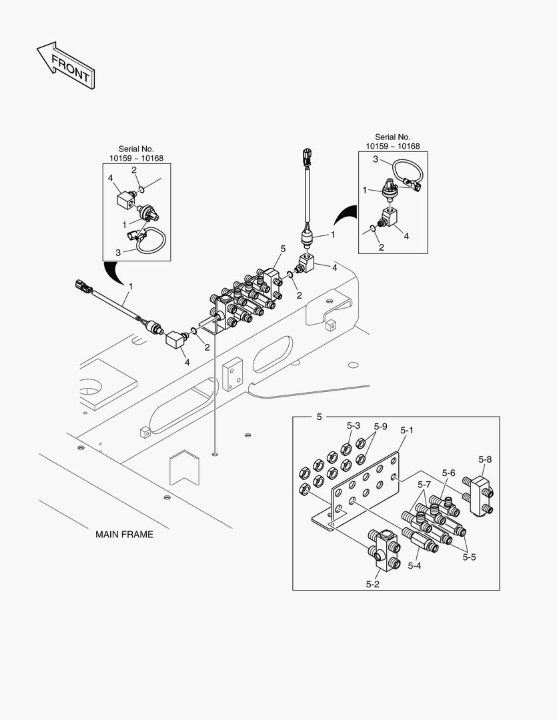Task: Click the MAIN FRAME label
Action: point(124,534)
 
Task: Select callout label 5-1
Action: point(408,431)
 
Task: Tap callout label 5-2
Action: point(372,584)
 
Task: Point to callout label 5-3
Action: point(354,425)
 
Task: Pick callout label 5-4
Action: point(414,565)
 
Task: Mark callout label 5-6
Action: point(448,473)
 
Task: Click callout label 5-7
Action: point(425,483)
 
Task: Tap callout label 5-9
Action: point(380,426)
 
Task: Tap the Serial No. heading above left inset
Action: point(137,149)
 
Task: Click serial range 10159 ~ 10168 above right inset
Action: point(392,146)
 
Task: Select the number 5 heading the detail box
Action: point(319,417)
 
